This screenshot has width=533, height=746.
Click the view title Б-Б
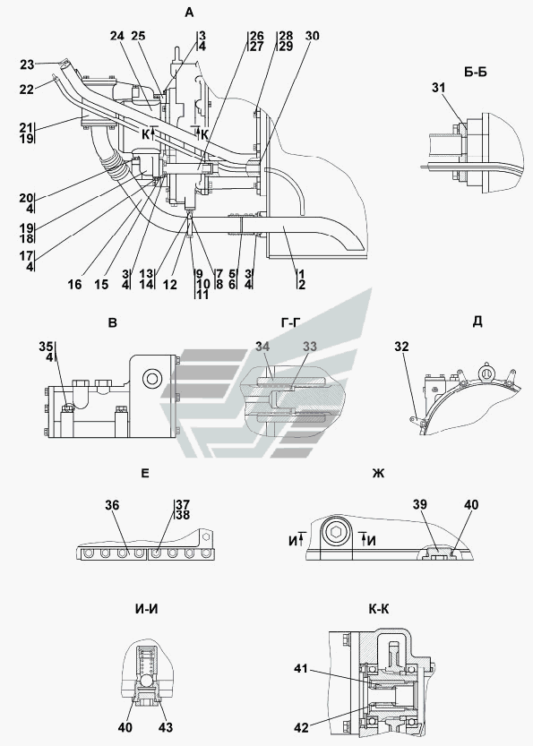click(475, 73)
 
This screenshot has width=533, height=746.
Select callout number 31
click(438, 88)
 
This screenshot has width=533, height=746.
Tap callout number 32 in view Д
click(401, 347)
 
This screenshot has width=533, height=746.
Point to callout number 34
click(262, 347)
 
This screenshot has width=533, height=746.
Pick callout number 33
click(310, 347)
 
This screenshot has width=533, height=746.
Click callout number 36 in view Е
click(112, 505)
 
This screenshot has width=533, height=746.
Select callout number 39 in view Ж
click(420, 504)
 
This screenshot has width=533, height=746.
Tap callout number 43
click(166, 727)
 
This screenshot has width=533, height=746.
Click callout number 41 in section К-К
click(301, 669)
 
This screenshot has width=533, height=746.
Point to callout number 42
click(301, 728)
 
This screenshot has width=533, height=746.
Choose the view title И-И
click(147, 609)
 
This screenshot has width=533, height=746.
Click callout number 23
click(27, 64)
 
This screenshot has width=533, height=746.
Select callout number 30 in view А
click(312, 36)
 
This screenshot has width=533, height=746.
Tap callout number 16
click(74, 285)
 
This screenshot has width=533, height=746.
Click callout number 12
click(169, 285)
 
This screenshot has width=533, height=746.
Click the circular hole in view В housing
click(152, 379)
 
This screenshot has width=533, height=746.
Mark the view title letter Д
click(477, 322)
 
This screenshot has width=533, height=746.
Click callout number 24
click(117, 36)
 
